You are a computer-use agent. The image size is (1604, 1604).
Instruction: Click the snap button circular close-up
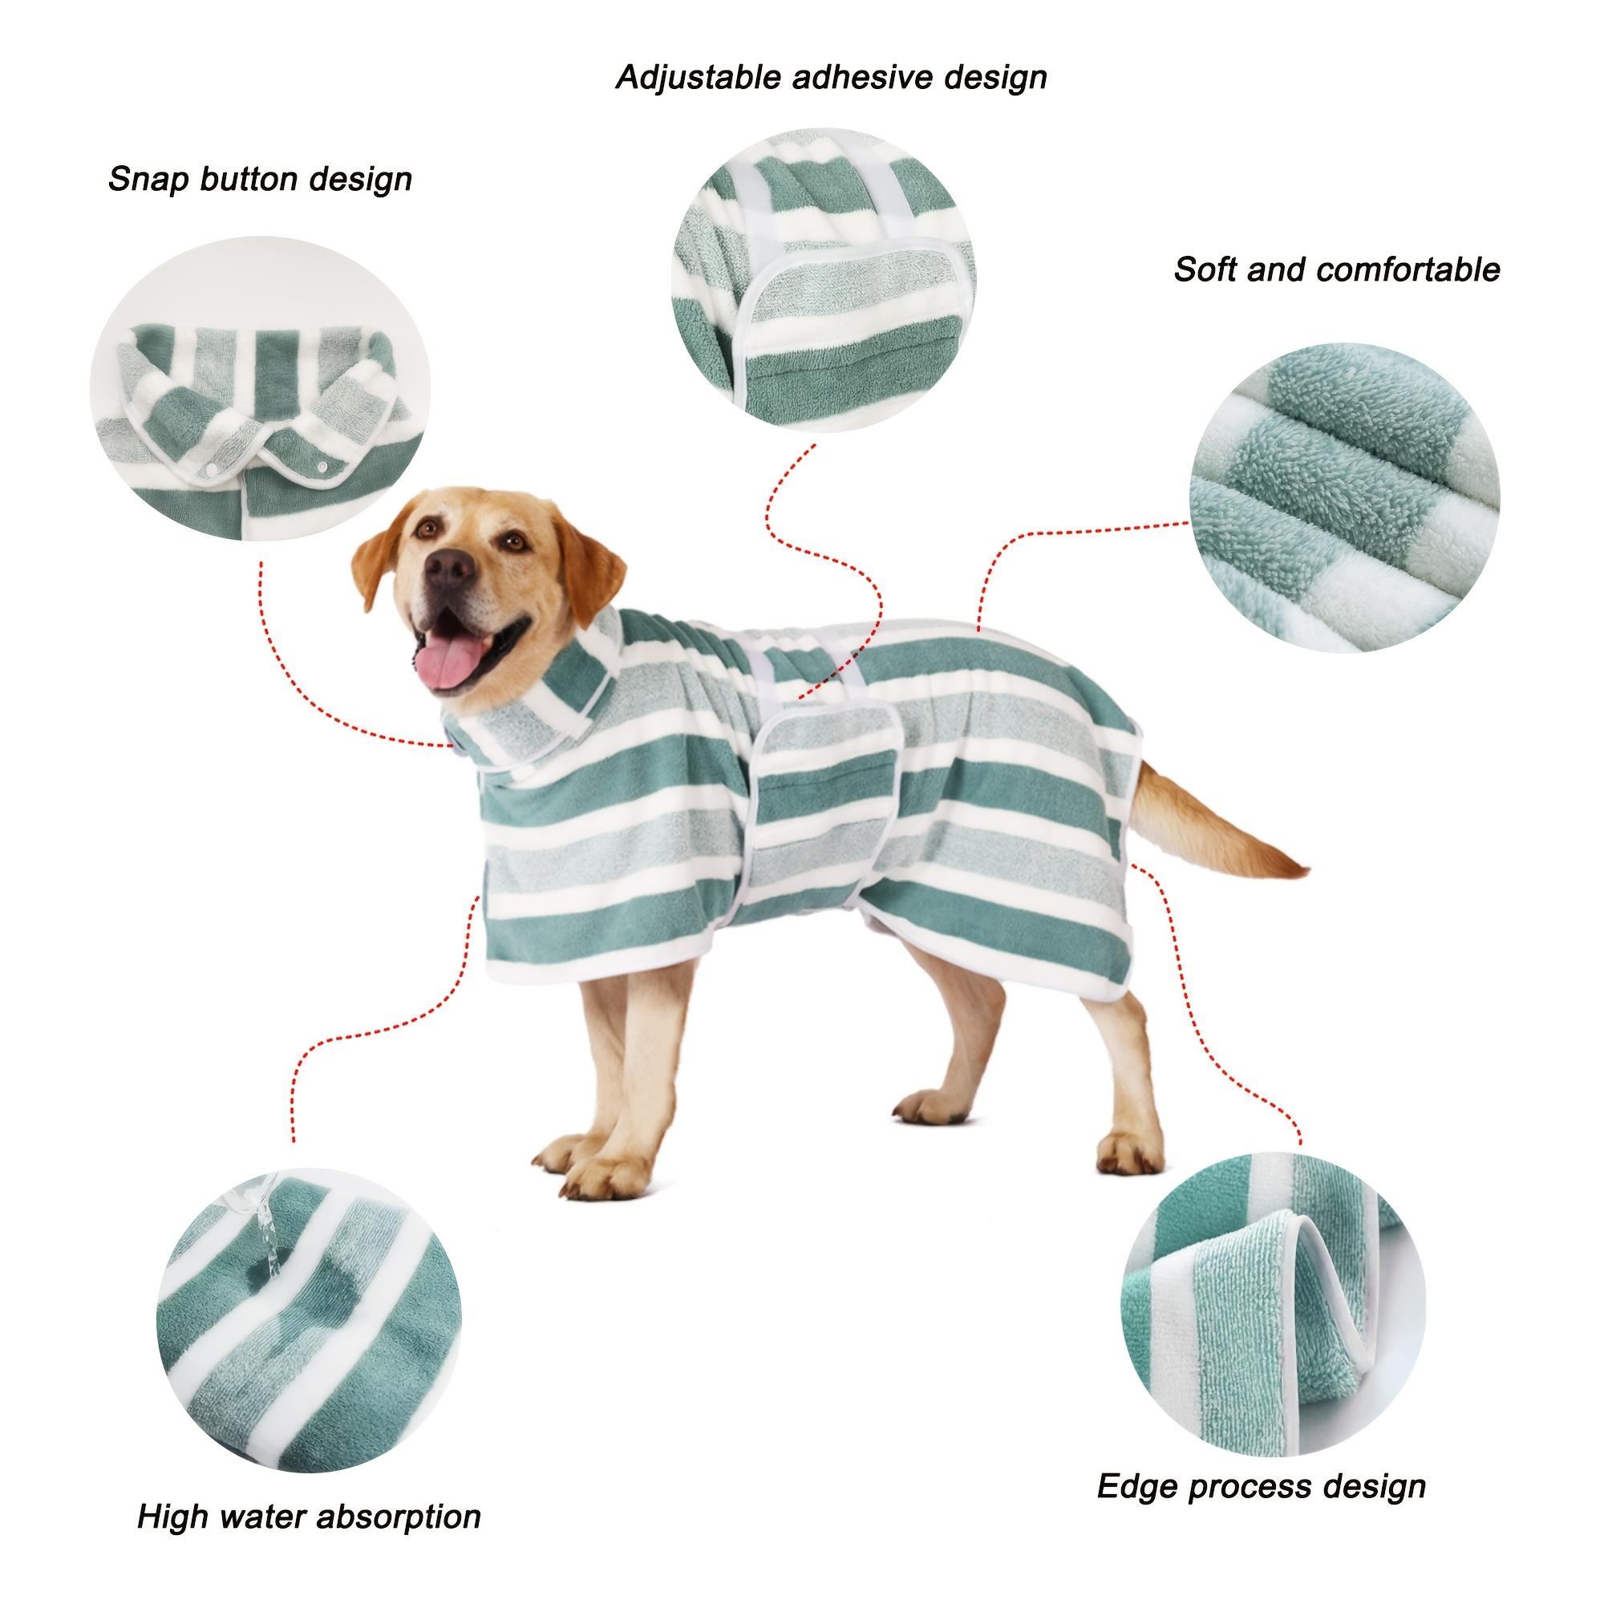pos(260,388)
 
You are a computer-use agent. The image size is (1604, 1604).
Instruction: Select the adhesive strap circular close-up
pos(824,280)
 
